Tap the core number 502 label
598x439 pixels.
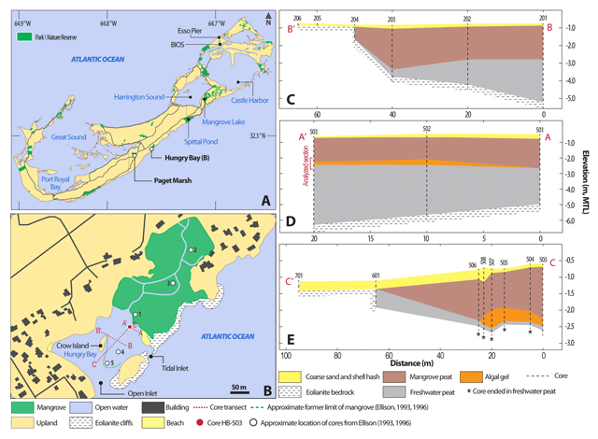[x=426, y=129]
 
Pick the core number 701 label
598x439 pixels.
[x=299, y=276]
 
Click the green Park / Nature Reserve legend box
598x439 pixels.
[x=21, y=35]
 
